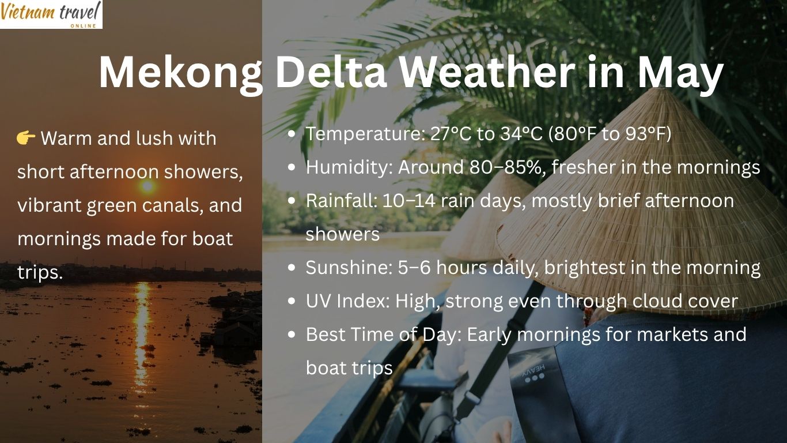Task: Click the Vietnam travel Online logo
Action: [51, 14]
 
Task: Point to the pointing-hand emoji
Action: [27, 138]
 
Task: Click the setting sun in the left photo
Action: [147, 186]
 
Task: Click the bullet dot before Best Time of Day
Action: [292, 335]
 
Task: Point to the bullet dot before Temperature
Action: [292, 134]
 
